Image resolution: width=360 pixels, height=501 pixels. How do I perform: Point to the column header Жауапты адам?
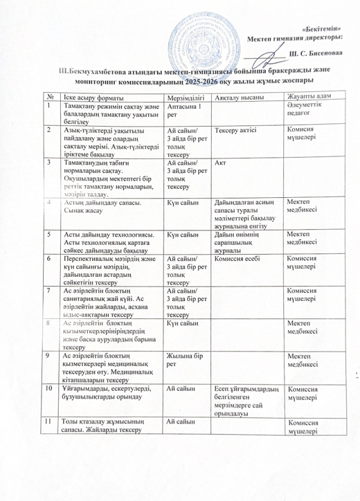tap(307, 95)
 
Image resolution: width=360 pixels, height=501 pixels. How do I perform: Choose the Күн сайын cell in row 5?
tap(183, 234)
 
